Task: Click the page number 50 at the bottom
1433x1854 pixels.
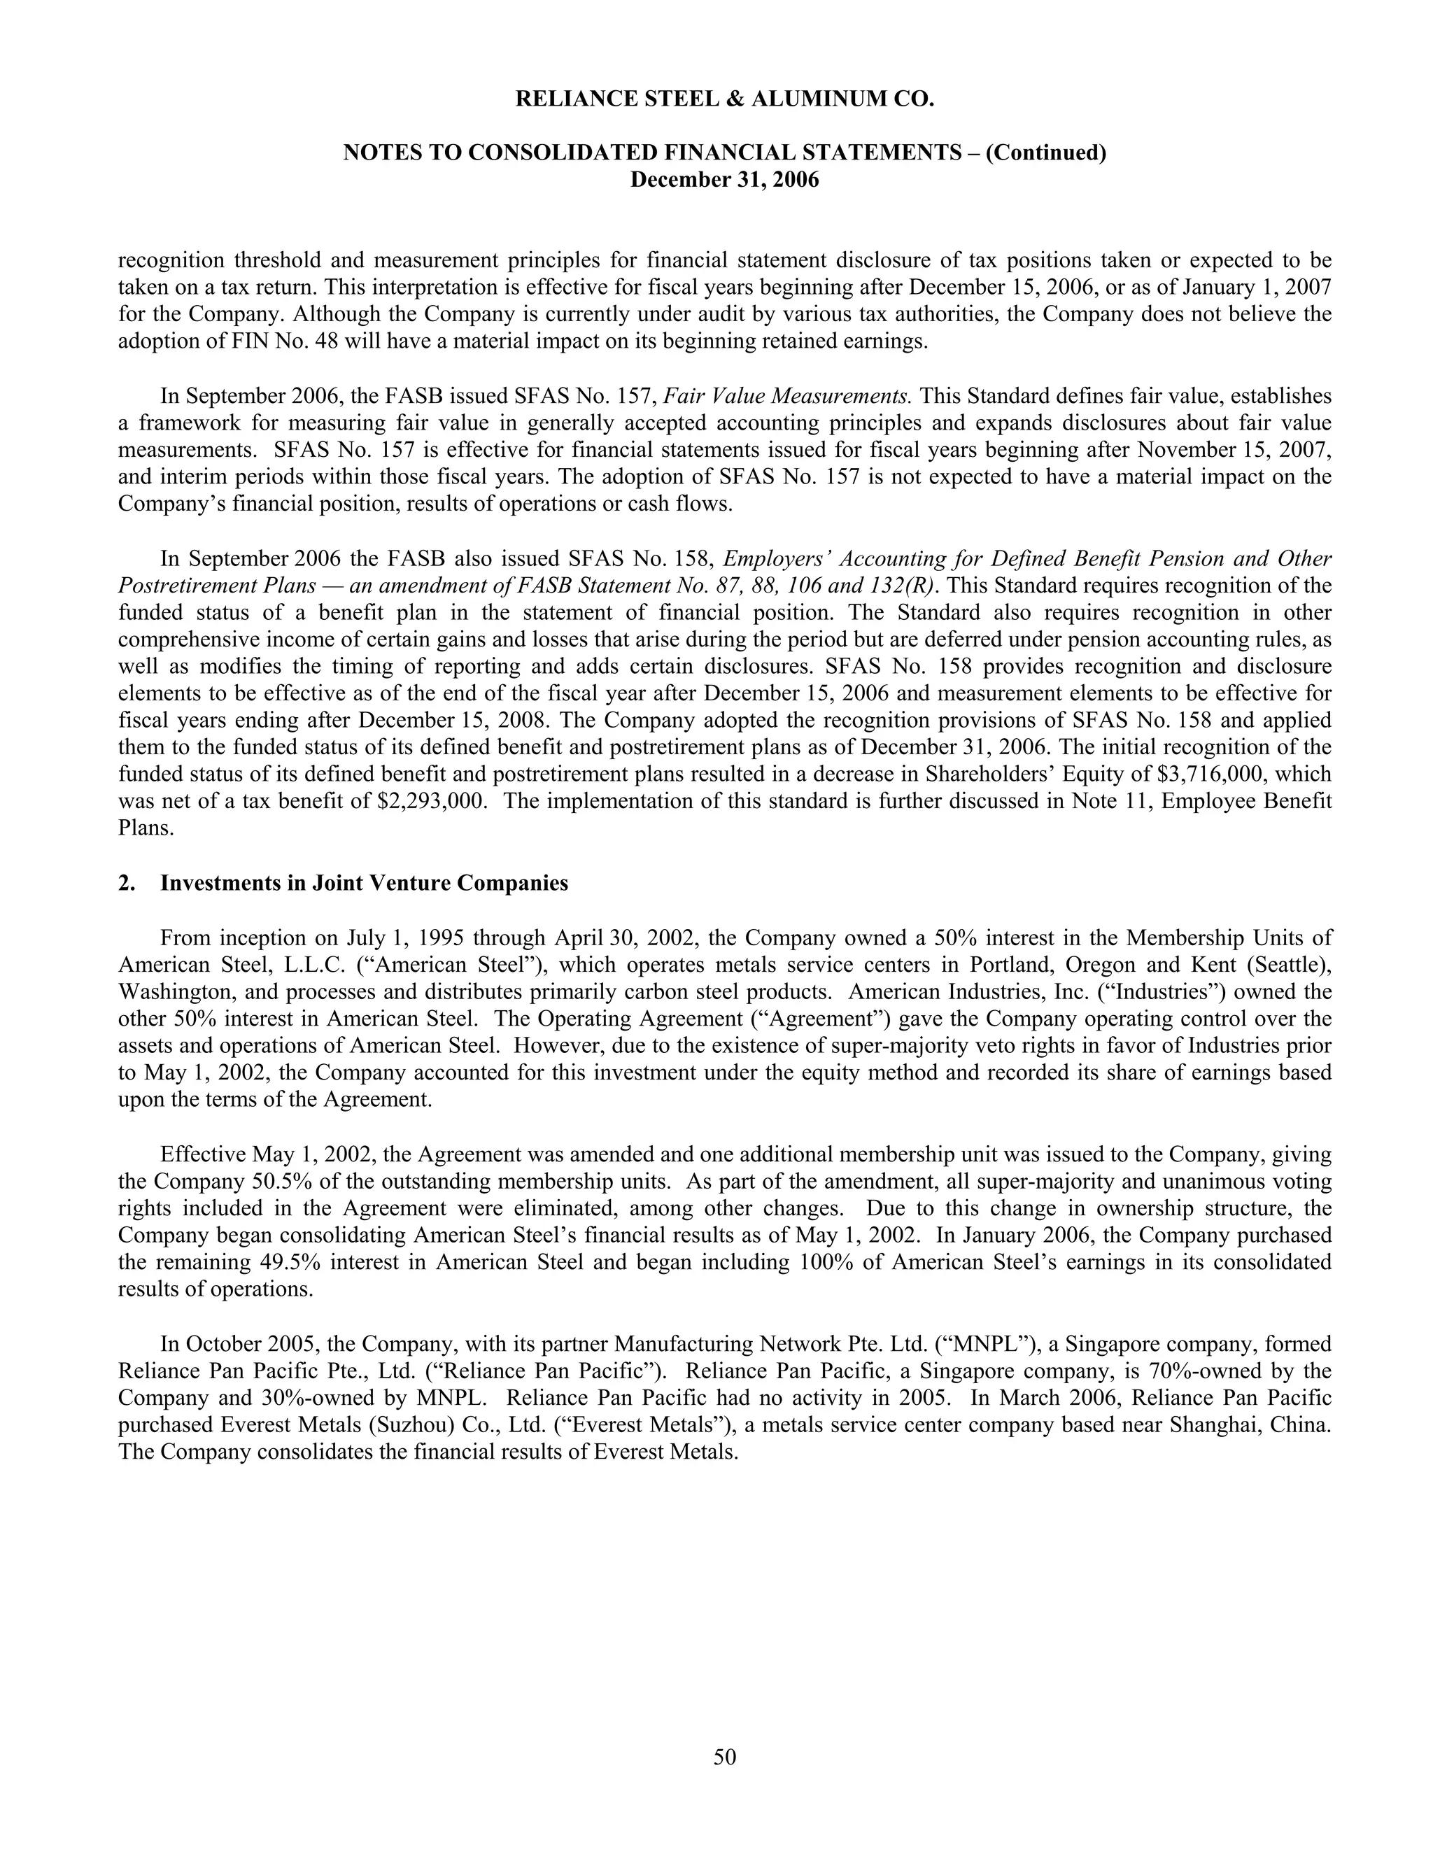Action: (x=724, y=1756)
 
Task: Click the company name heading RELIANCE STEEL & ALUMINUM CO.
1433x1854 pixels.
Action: (x=724, y=99)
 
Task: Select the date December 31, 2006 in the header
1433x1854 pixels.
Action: (x=724, y=180)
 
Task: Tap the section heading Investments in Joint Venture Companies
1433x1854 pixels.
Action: (x=363, y=883)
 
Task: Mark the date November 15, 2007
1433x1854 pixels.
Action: (x=1234, y=450)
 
